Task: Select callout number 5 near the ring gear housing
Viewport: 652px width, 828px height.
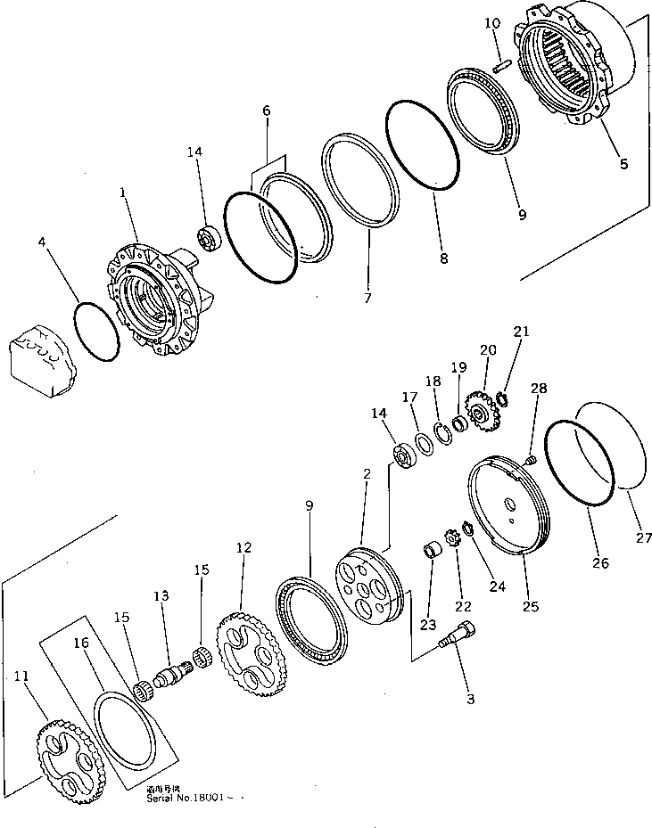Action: (x=623, y=163)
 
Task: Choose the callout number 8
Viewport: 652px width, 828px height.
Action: (x=444, y=259)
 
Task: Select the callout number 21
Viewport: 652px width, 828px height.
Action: (x=522, y=332)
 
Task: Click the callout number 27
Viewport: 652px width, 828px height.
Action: (x=644, y=537)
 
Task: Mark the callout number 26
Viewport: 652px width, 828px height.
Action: (x=600, y=562)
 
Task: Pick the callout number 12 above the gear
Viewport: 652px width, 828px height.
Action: (x=243, y=548)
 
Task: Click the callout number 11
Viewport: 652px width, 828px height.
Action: (x=21, y=678)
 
